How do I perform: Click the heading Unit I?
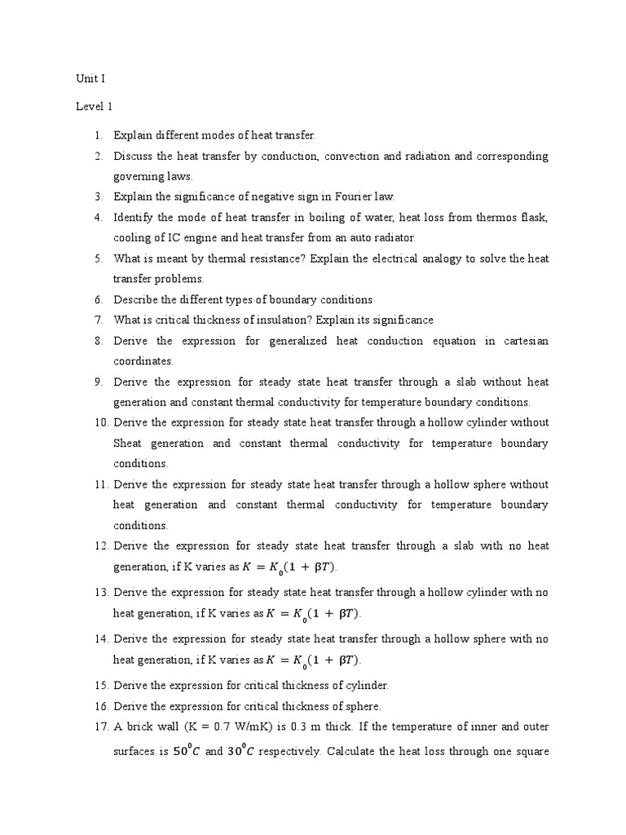[90, 79]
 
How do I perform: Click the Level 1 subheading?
[95, 107]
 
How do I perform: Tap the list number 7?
[98, 320]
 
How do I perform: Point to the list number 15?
[100, 685]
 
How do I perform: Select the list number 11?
[100, 484]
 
